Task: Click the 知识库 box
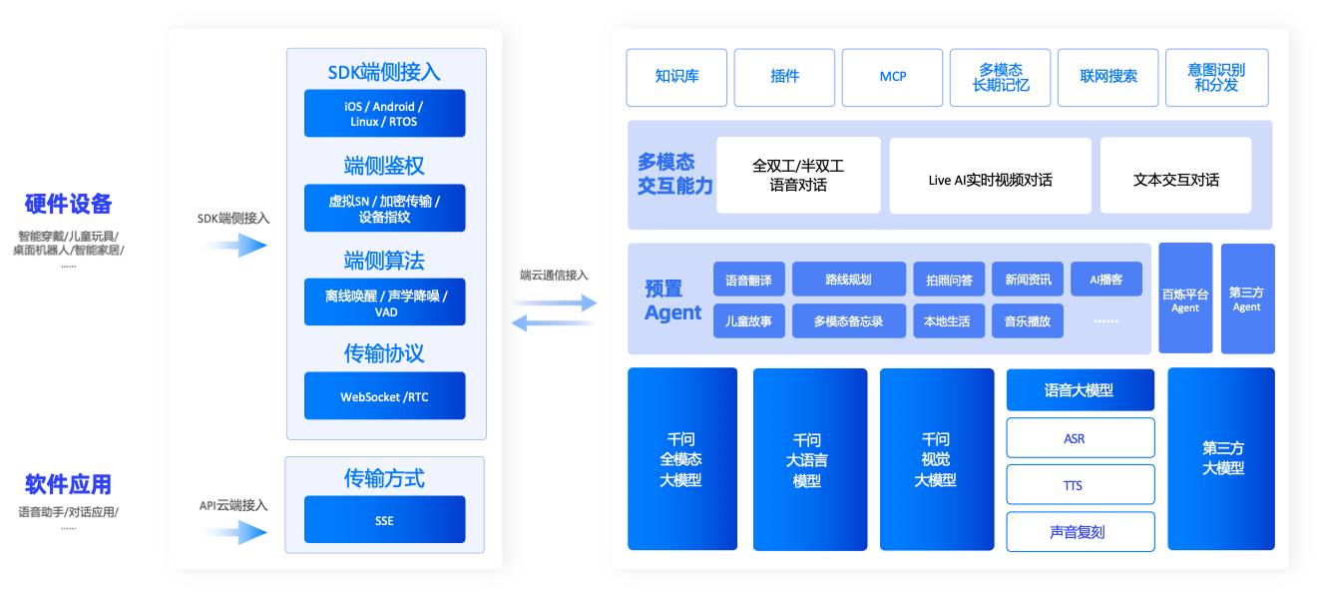676,77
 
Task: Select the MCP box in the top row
892,77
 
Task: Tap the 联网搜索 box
1107,77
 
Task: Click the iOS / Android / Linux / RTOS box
384,114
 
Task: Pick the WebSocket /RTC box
384,396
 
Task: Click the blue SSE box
384,520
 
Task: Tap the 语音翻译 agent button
748,280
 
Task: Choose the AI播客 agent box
1105,280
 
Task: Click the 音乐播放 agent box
1027,321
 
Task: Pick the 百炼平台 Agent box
1184,299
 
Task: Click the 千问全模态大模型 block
681,459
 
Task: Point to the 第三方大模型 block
1221,459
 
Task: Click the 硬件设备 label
69,205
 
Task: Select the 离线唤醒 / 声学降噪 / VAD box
384,302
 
